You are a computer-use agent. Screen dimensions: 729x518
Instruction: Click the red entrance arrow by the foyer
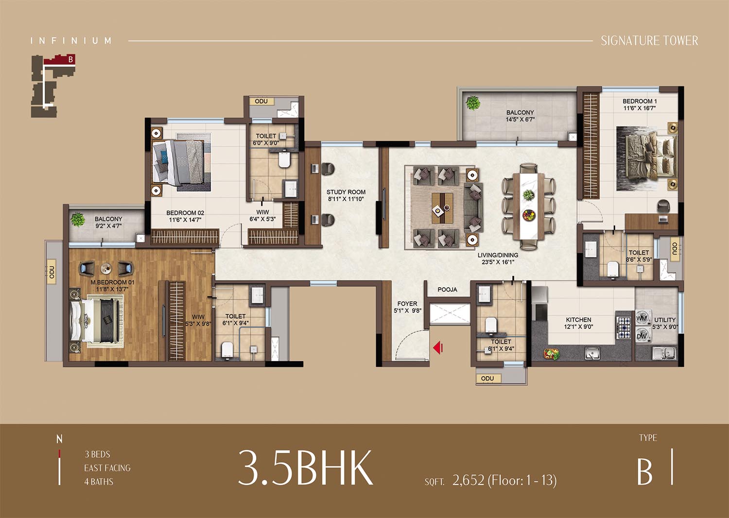pos(438,347)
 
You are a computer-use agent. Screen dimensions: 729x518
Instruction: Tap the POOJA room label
pos(447,290)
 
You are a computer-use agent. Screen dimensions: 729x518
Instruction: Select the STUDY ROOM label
pos(346,192)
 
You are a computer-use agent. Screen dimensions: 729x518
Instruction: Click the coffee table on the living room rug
pos(442,208)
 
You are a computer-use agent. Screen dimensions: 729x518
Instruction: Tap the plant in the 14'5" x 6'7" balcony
pos(472,103)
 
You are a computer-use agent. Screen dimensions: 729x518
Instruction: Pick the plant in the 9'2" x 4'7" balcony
pos(77,219)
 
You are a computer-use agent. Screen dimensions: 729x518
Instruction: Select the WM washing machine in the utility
pos(643,318)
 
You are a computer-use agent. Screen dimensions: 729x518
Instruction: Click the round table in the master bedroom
pos(106,268)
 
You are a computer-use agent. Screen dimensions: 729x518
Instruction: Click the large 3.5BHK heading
pos(306,468)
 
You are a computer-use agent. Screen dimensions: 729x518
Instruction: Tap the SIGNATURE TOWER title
pos(650,41)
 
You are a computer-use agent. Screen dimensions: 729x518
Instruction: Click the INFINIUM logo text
pos(71,41)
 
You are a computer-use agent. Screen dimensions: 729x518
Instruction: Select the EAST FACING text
pos(107,468)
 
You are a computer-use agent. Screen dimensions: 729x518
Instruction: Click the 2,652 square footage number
pos(469,480)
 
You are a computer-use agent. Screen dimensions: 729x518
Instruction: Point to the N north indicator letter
pos(59,439)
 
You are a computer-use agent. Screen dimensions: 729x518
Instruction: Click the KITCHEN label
pos(578,320)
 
